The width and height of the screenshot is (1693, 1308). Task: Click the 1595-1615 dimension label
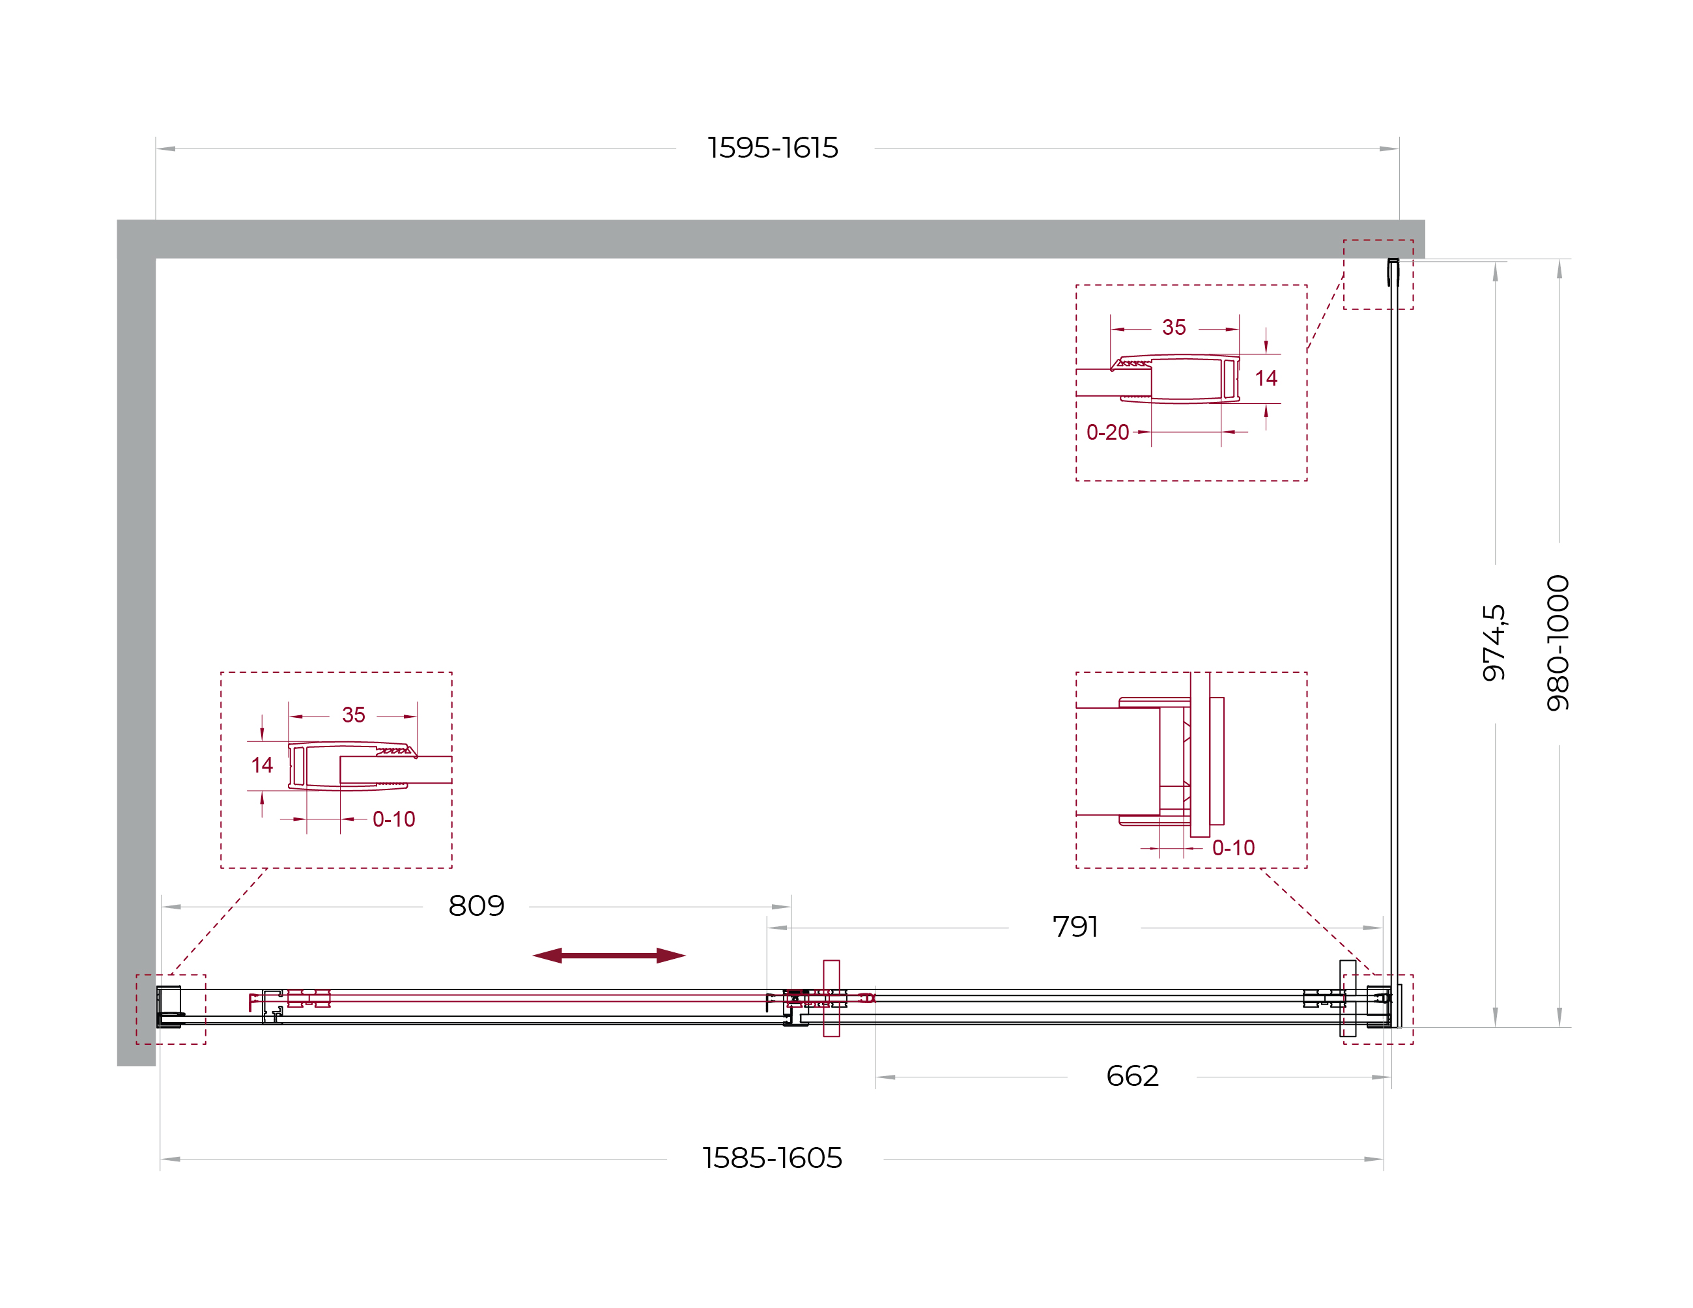pos(773,148)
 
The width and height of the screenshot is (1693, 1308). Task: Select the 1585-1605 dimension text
pos(772,1158)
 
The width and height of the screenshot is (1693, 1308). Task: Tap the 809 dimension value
pos(476,905)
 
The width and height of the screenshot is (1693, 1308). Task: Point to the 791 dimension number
pos(1075,926)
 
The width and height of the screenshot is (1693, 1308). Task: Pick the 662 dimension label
pos(1133,1076)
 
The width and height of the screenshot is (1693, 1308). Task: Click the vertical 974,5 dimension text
pos(1494,643)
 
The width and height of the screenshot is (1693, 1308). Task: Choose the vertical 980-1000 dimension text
pos(1558,643)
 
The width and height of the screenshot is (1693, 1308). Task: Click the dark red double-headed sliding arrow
pos(609,955)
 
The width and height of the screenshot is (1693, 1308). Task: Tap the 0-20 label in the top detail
pos(1108,433)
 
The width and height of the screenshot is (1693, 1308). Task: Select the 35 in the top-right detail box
pos(1174,327)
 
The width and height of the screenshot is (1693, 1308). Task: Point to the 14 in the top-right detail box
pos(1266,378)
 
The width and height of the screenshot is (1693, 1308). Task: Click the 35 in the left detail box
pos(354,715)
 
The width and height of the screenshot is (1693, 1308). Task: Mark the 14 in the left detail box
pos(262,765)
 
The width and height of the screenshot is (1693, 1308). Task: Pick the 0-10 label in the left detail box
pos(394,819)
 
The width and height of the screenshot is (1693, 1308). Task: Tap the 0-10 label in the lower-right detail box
pos(1233,848)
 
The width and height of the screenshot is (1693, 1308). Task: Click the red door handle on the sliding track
pos(831,998)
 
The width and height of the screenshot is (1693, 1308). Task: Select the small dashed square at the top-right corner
pos(1378,274)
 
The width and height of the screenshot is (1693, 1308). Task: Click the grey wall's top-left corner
pos(118,220)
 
